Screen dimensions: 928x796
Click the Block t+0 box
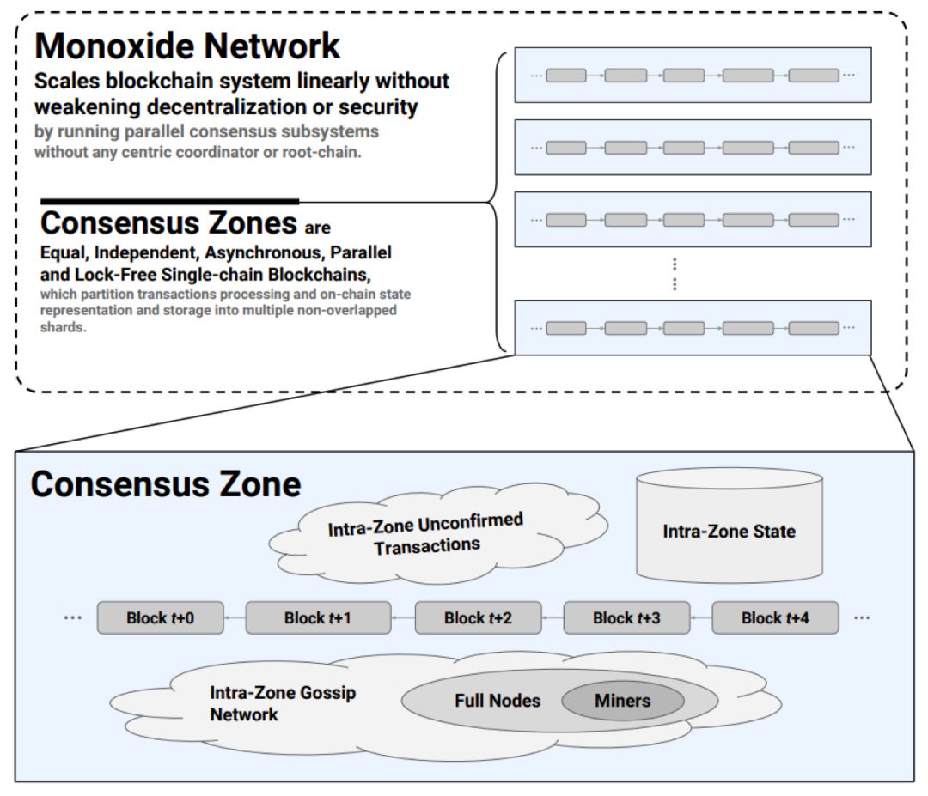(x=161, y=618)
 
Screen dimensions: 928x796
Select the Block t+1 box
(x=318, y=618)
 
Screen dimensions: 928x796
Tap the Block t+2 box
(x=479, y=618)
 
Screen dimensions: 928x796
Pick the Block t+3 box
(x=626, y=618)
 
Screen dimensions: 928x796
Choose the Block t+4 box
(x=775, y=618)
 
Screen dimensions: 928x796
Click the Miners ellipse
(x=623, y=701)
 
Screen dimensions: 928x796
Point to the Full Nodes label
(x=498, y=701)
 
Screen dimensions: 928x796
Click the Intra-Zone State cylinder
(x=730, y=526)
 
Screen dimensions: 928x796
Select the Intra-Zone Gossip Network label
(x=283, y=703)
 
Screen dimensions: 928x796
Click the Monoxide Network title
(x=187, y=46)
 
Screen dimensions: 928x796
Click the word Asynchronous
(x=265, y=252)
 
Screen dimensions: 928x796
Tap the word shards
(x=63, y=327)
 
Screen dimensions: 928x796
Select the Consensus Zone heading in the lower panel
(x=166, y=484)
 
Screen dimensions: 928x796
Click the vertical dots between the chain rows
(x=675, y=274)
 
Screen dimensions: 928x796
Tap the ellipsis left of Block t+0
(x=73, y=618)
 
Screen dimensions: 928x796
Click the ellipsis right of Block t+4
(x=862, y=618)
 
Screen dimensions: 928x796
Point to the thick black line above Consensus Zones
(x=170, y=202)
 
